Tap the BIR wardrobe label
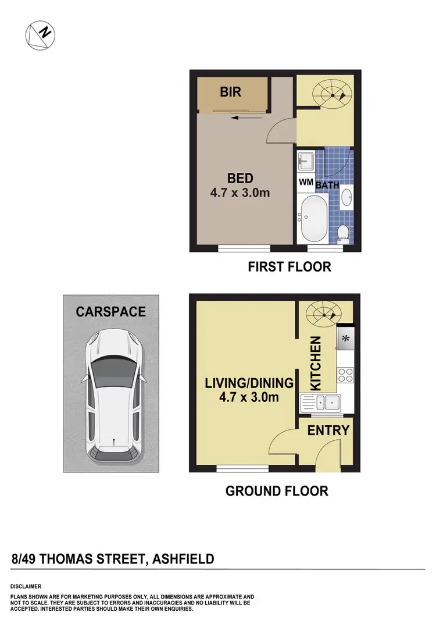pyautogui.click(x=231, y=92)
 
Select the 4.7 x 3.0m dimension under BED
pyautogui.click(x=240, y=193)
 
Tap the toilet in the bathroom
pyautogui.click(x=344, y=231)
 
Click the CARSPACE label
pyautogui.click(x=110, y=312)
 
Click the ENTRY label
pyautogui.click(x=328, y=430)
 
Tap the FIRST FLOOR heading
pyautogui.click(x=289, y=267)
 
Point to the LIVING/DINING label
pyautogui.click(x=248, y=383)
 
